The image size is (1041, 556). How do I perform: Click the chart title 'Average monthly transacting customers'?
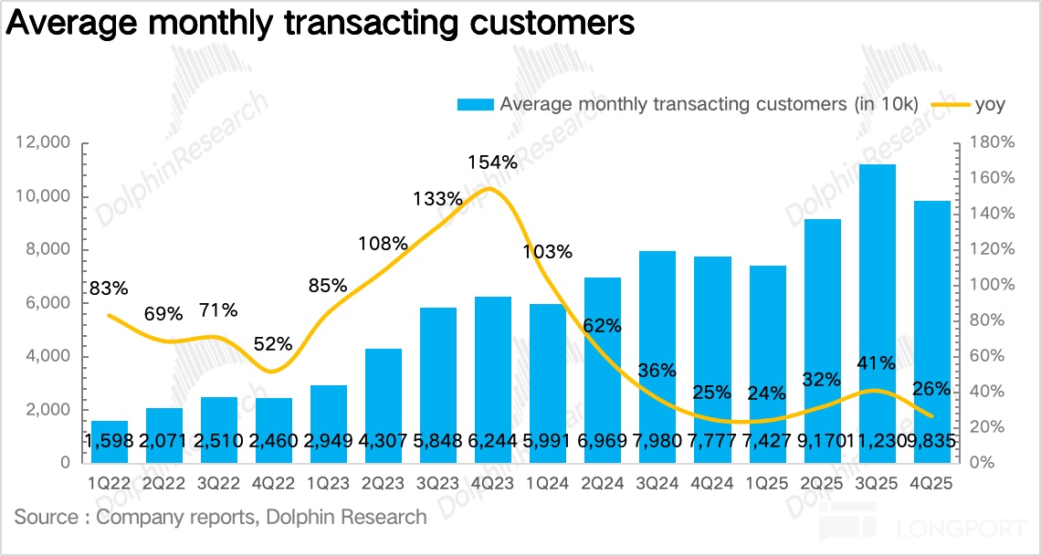coord(320,25)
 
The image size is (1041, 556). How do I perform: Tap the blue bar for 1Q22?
coord(110,442)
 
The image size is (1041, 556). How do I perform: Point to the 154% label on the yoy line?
coord(493,163)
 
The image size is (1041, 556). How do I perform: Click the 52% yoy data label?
coord(273,344)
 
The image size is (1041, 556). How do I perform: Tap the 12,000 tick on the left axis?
coord(44,143)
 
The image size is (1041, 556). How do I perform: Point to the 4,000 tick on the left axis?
coord(47,357)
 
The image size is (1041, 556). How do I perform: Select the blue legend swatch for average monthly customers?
coord(475,104)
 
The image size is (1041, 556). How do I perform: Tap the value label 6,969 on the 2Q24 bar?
coord(603,441)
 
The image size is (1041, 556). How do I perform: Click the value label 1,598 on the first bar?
coord(110,441)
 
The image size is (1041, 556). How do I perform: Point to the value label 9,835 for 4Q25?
coord(933,441)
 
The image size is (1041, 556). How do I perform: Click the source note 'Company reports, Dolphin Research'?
coord(220,518)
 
